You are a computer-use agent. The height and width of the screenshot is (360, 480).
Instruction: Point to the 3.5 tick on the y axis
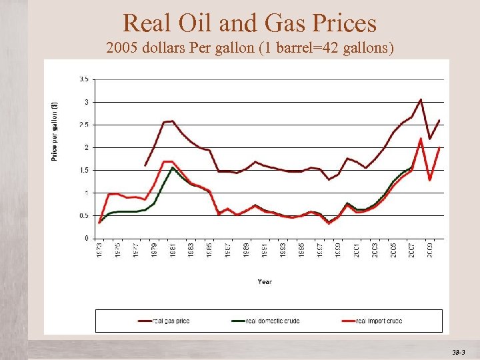point(85,79)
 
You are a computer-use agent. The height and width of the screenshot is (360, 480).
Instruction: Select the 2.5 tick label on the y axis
point(85,125)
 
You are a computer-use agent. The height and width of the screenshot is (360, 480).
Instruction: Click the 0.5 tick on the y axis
point(85,215)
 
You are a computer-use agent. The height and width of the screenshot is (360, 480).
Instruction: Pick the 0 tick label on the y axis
point(87,238)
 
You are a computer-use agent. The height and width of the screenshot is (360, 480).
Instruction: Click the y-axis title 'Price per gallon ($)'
point(55,131)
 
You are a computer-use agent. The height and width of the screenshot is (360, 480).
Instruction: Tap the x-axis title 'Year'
point(265,282)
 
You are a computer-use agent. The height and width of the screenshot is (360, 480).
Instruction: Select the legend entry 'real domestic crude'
point(273,321)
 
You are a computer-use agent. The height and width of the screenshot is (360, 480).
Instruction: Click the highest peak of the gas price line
point(421,99)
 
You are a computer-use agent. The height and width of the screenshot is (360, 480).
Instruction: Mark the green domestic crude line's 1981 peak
point(173,167)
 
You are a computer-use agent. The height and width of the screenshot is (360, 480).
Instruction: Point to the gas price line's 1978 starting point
point(145,165)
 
